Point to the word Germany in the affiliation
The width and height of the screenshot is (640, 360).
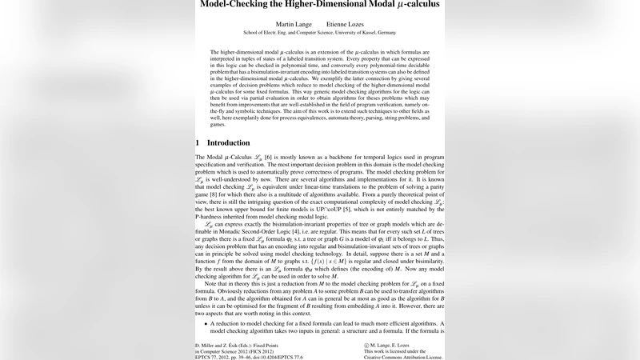coord(381,33)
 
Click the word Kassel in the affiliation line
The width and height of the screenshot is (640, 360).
coord(353,33)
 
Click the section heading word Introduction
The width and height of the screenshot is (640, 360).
coord(228,142)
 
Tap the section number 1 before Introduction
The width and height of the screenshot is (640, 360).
coord(198,142)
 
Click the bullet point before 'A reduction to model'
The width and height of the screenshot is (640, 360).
coord(204,322)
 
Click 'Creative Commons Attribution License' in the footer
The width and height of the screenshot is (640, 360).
coord(402,357)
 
